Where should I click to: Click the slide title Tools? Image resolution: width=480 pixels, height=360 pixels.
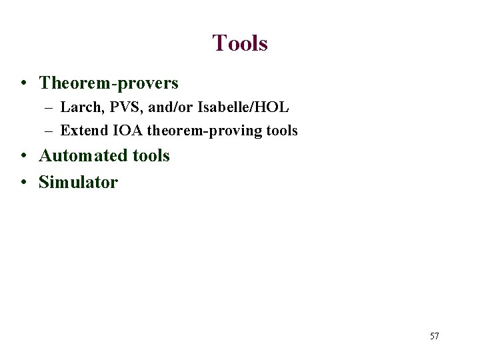tap(240, 43)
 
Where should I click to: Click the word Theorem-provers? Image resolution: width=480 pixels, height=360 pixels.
tap(109, 83)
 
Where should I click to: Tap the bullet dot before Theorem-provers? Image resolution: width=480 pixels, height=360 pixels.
tap(23, 84)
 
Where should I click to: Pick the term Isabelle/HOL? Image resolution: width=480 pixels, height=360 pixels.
tap(240, 107)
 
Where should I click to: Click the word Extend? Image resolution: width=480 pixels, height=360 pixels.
tap(81, 131)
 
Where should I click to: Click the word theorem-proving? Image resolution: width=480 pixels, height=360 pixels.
tap(202, 131)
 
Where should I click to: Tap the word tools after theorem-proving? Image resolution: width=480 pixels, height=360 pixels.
tap(281, 131)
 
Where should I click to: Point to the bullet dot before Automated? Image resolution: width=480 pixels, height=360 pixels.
tap(23, 157)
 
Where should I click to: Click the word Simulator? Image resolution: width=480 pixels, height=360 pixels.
tap(79, 182)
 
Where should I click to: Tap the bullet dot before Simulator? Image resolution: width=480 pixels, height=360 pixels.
tap(23, 183)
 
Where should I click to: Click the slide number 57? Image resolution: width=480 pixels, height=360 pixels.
tap(434, 336)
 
